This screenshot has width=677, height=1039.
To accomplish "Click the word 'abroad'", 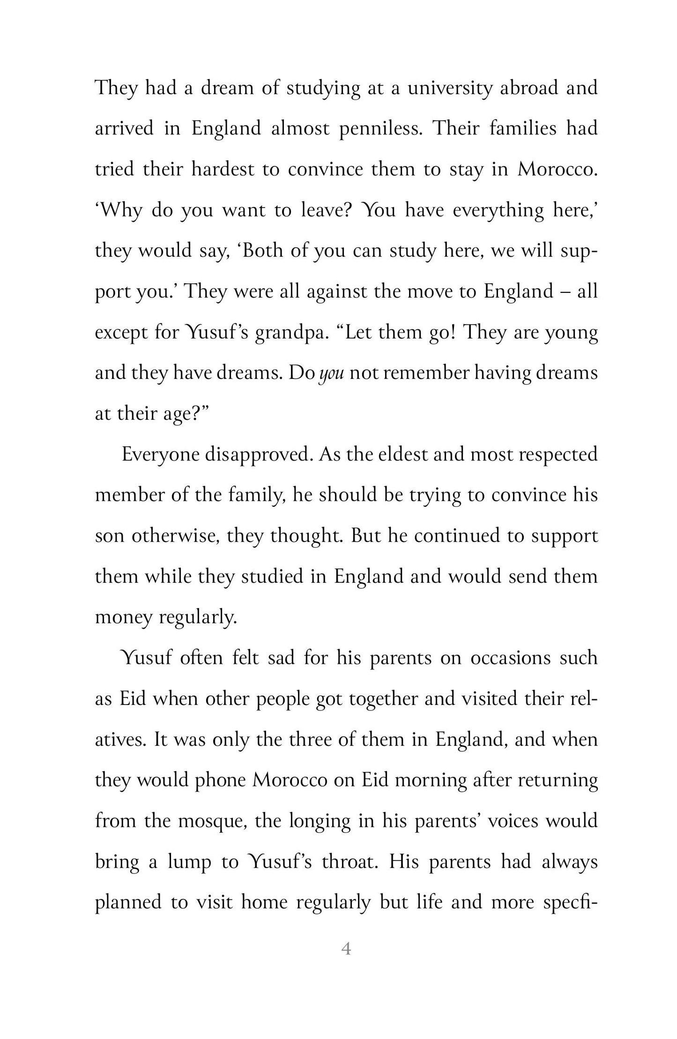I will (528, 89).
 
